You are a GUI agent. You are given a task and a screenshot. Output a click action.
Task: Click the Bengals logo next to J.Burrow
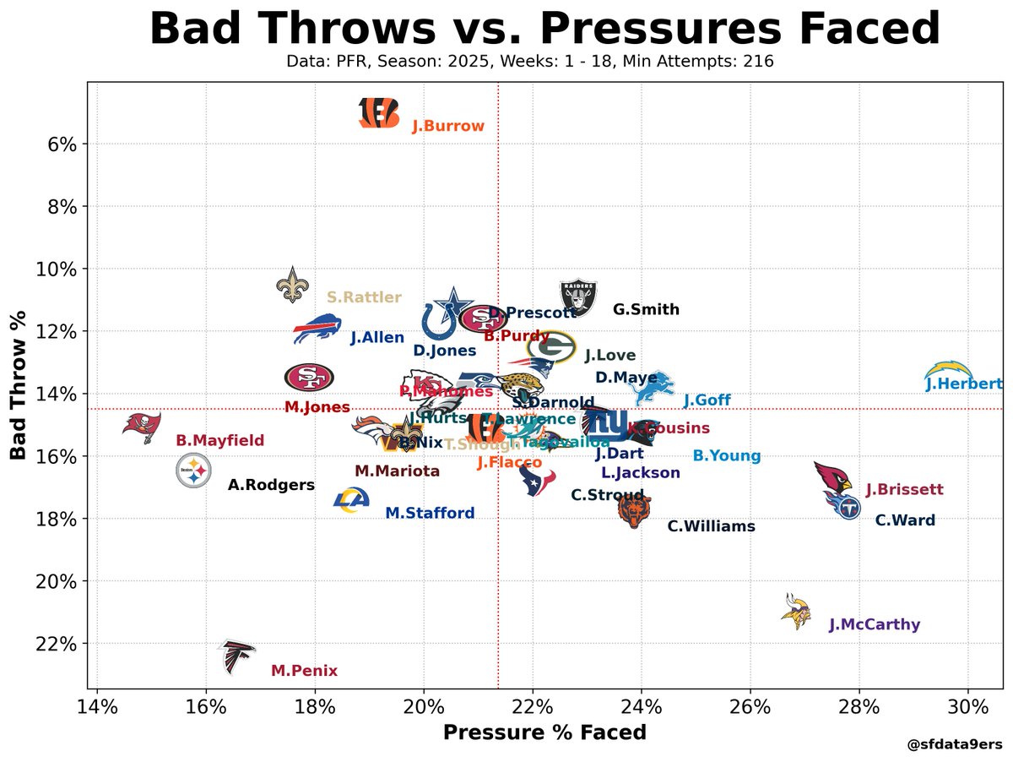378,112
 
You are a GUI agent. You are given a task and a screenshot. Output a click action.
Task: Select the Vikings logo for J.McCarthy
796,611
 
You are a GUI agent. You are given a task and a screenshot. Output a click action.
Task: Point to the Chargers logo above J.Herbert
948,370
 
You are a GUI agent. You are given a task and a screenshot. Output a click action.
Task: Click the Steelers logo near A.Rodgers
193,471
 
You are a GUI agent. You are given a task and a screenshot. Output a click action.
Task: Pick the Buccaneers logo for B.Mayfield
141,423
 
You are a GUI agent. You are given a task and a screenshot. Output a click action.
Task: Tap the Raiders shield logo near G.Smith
579,298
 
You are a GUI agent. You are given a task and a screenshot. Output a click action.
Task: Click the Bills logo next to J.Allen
317,328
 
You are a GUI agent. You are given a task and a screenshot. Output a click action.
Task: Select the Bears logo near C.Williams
635,510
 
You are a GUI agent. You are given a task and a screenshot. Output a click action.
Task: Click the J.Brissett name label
904,489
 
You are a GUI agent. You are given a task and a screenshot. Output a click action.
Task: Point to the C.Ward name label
905,520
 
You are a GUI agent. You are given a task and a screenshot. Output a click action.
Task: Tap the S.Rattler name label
364,297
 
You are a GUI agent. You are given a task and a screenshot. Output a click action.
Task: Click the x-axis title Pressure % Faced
544,732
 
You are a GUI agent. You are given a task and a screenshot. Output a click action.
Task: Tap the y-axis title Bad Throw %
19,385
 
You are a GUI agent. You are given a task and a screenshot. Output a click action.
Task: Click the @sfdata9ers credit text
954,745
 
